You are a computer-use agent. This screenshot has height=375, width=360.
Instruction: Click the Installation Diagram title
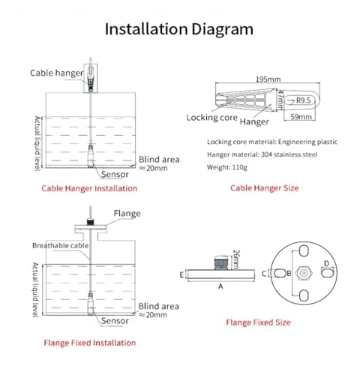click(x=179, y=29)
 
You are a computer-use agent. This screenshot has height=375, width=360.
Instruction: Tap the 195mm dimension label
click(x=268, y=79)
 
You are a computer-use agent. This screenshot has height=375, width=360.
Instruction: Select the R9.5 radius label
click(x=304, y=100)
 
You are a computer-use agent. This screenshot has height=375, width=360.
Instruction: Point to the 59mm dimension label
click(x=301, y=117)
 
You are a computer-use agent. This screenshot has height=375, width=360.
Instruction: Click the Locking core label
click(x=211, y=118)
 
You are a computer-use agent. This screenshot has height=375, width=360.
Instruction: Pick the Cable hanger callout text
click(x=57, y=73)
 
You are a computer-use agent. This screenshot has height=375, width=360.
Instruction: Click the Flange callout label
click(x=127, y=214)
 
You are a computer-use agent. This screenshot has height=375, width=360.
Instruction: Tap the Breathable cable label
click(x=61, y=245)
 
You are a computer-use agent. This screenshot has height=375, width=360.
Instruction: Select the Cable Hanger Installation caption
click(x=89, y=188)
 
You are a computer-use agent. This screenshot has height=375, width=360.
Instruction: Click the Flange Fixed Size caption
click(x=258, y=322)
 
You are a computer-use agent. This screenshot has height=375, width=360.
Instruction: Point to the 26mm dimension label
click(x=236, y=259)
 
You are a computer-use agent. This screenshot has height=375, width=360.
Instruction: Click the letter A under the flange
click(x=220, y=286)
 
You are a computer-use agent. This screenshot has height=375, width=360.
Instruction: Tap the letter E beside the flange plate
click(x=181, y=275)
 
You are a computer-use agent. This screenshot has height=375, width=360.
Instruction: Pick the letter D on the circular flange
click(x=326, y=263)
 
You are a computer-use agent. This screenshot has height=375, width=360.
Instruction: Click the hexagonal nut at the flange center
click(x=304, y=273)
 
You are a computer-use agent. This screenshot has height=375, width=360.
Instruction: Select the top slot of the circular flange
click(x=304, y=250)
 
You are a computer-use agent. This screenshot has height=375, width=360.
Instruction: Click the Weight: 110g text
click(x=227, y=167)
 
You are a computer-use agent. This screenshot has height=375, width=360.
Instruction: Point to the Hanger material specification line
click(x=262, y=154)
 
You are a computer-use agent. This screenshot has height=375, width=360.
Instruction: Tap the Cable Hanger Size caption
click(x=265, y=188)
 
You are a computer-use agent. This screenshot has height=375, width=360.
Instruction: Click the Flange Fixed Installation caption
click(x=90, y=343)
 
